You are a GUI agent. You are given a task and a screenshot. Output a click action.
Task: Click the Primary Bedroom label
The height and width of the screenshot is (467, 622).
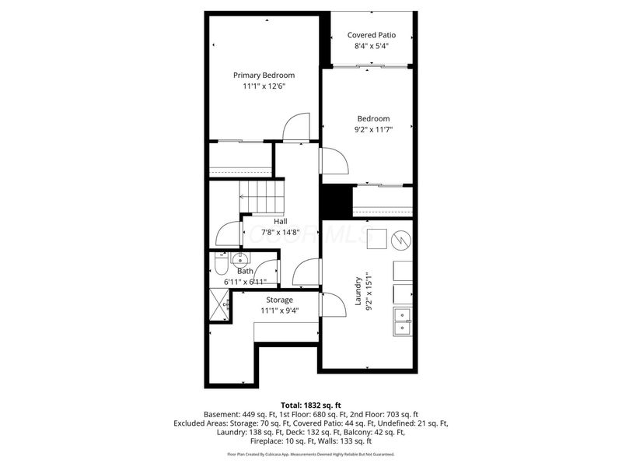point(264,75)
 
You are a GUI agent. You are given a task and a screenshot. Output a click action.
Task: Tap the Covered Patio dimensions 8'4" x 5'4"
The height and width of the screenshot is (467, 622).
point(371,46)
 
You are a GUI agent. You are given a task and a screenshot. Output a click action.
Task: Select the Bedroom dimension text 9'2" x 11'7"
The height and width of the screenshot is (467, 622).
point(369,130)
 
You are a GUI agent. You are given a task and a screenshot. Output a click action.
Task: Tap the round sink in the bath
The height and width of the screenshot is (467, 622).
point(240,259)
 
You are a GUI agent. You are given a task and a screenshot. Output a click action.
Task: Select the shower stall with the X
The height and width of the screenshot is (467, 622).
point(220,304)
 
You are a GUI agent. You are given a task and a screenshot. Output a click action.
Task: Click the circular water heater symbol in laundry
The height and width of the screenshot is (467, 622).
point(401,238)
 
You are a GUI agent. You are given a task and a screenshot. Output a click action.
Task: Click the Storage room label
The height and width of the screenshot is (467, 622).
point(280,300)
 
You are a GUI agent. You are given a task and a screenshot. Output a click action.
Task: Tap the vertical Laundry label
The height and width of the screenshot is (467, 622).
point(358,290)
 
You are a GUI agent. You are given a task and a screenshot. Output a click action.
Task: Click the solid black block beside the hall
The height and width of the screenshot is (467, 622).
point(337,202)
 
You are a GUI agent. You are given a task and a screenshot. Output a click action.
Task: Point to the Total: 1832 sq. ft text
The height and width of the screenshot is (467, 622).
point(310,406)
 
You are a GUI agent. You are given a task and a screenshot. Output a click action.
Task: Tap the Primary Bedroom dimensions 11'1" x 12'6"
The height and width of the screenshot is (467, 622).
point(264,86)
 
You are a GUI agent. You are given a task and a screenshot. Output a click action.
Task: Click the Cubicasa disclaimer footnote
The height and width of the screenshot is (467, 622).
point(310,454)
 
